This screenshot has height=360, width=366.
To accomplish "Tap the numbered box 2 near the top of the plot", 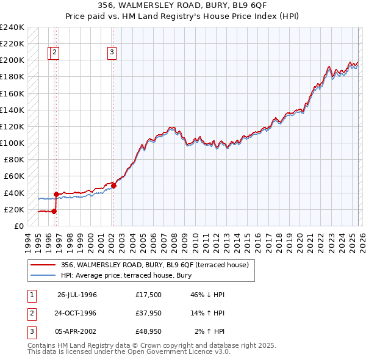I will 55,53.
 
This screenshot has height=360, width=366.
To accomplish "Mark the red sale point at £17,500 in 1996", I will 54,211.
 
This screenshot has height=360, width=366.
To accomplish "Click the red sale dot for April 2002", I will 113,185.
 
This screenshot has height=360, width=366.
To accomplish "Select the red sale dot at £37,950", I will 56,195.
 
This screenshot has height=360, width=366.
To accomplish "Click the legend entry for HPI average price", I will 126,275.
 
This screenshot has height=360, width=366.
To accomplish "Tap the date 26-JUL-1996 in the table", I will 77,295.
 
